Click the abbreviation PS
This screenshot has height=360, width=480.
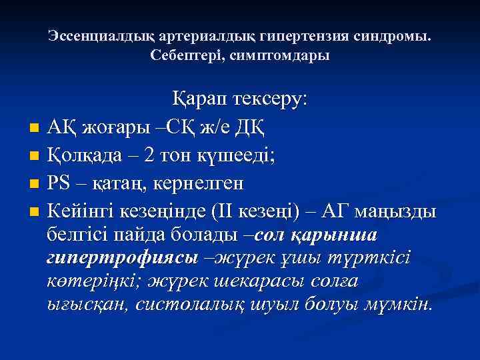coord(60,183)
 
